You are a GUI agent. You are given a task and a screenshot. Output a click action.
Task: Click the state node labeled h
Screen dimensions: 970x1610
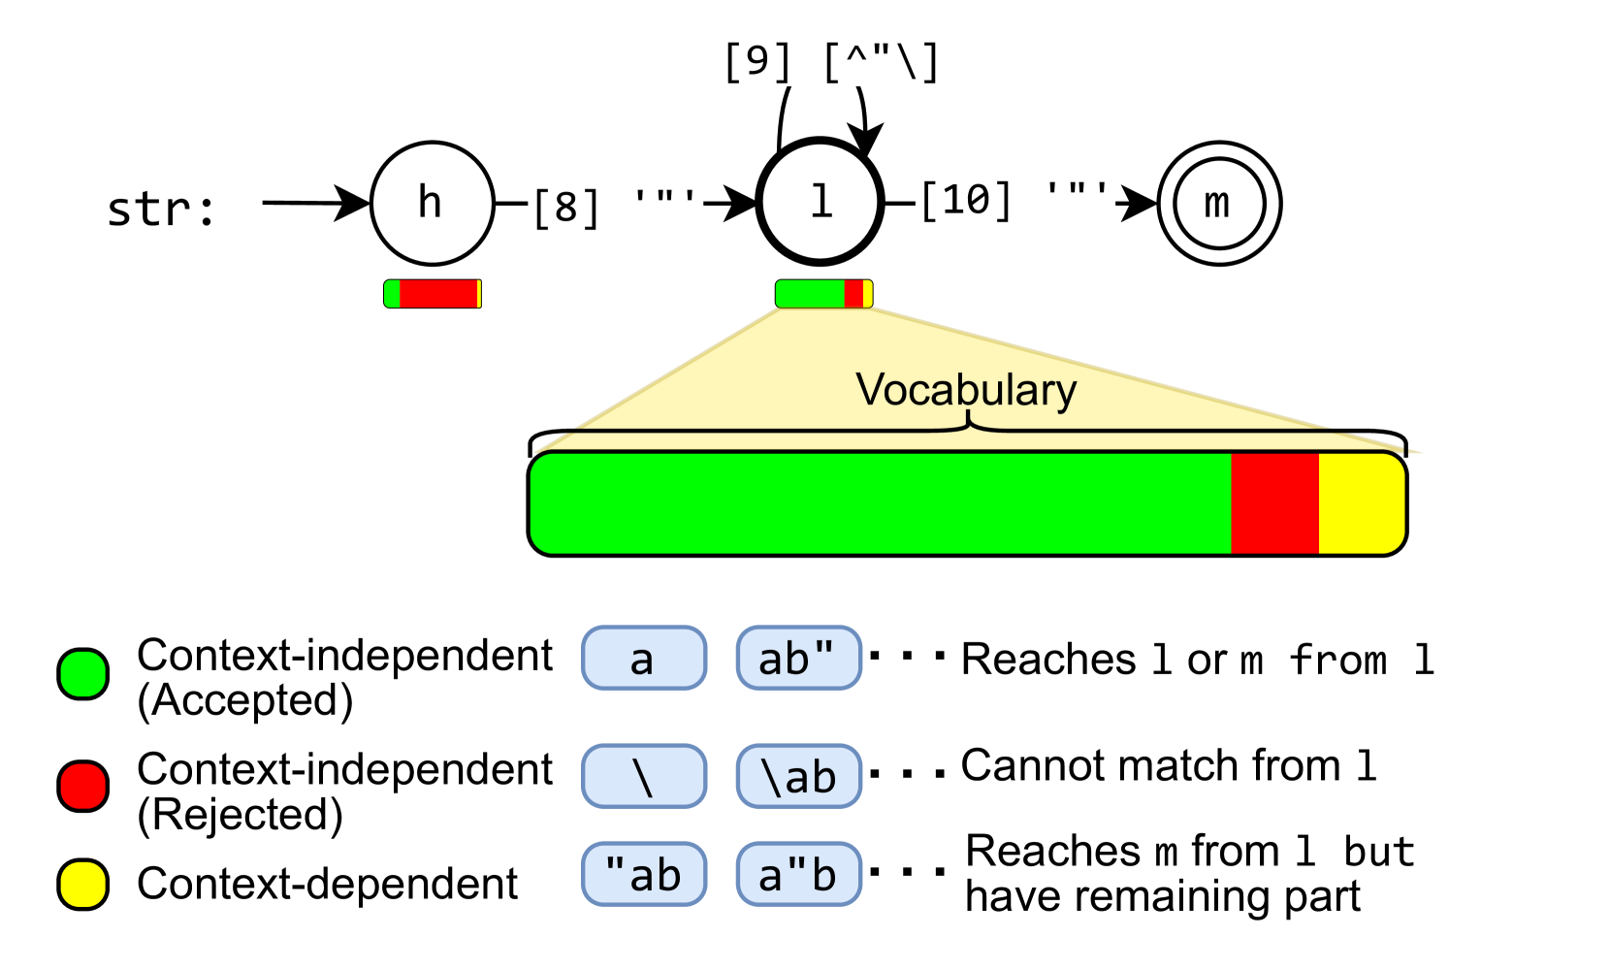point(432,204)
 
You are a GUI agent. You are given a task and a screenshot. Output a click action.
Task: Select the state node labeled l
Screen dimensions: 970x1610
point(820,202)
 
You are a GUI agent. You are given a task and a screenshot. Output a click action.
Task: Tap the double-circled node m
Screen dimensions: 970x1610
point(1219,204)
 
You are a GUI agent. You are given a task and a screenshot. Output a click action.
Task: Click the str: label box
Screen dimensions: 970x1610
point(163,207)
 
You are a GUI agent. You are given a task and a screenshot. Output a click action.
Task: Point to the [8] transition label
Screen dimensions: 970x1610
point(616,207)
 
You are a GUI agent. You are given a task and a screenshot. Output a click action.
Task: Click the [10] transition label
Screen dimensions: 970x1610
point(1014,199)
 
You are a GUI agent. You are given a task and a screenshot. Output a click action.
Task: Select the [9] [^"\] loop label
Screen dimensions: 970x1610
point(831,60)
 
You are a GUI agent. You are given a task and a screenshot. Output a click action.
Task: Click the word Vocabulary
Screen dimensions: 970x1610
point(966,390)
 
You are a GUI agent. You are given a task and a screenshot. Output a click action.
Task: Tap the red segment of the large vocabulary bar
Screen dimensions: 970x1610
point(1274,503)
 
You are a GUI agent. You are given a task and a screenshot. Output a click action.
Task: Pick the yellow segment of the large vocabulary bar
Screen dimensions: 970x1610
point(1361,503)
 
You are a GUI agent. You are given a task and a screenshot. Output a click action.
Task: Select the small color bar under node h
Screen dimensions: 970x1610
point(433,294)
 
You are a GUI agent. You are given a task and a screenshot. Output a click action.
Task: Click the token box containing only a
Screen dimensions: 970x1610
point(644,659)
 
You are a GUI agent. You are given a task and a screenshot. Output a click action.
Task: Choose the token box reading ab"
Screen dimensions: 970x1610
point(798,659)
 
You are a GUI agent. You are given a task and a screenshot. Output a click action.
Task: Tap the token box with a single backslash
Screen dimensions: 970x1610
point(644,776)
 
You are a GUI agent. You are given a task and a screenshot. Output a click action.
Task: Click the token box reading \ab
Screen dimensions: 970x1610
point(798,776)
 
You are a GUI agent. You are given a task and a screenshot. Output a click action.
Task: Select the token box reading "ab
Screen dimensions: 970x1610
point(644,874)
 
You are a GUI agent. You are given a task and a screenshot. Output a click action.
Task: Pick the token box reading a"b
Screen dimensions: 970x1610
point(798,874)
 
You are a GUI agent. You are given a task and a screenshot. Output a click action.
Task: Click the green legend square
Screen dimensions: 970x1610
point(83,674)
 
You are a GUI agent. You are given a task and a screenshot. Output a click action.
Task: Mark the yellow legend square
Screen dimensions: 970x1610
point(83,885)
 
